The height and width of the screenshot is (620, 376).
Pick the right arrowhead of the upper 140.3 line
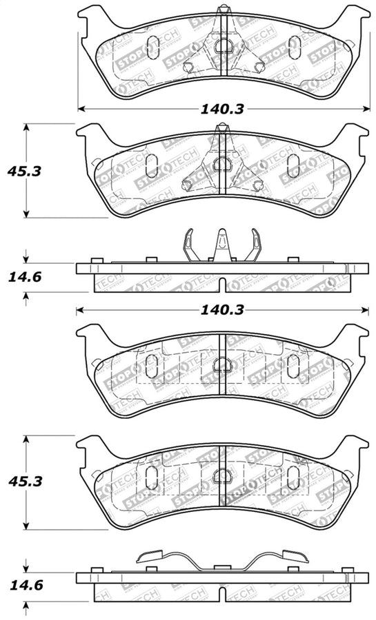364,109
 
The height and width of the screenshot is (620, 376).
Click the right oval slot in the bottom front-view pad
293,475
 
